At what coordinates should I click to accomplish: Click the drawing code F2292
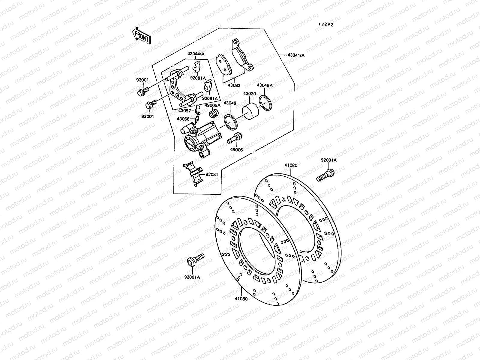326,25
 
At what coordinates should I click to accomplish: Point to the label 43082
234,85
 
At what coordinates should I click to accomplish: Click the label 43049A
265,85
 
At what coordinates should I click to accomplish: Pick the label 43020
249,94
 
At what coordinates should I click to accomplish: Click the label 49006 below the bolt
237,150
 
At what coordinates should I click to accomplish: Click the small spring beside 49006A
213,114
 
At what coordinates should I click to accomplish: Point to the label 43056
183,119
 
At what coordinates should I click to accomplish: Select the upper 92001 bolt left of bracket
143,91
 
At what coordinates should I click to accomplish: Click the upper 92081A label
198,78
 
